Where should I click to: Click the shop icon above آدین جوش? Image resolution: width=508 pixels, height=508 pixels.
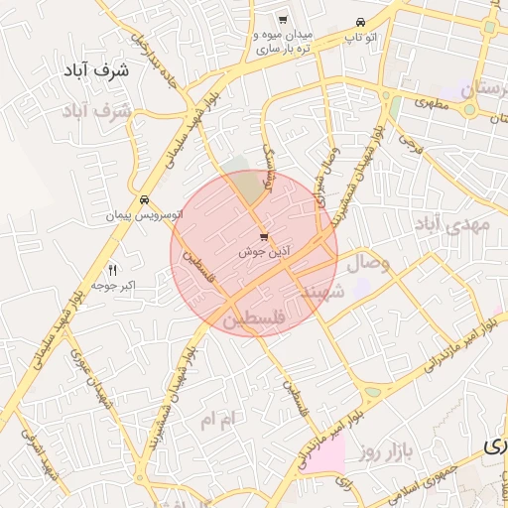pyautogui.click(x=263, y=237)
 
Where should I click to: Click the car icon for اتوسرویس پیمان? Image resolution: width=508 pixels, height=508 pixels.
pyautogui.click(x=146, y=198)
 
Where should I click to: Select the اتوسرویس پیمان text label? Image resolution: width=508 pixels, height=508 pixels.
pyautogui.click(x=146, y=214)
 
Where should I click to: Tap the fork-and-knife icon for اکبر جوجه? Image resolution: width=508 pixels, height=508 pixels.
pyautogui.click(x=111, y=270)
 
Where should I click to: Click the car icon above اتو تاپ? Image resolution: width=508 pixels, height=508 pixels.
pyautogui.click(x=360, y=22)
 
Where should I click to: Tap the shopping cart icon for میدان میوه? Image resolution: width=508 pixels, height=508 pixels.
pyautogui.click(x=283, y=20)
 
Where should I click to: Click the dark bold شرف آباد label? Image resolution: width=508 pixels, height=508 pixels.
pyautogui.click(x=102, y=70)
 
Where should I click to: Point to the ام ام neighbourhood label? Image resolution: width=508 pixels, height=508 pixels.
pyautogui.click(x=219, y=420)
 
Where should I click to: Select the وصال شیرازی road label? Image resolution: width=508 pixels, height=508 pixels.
pyautogui.click(x=326, y=174)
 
